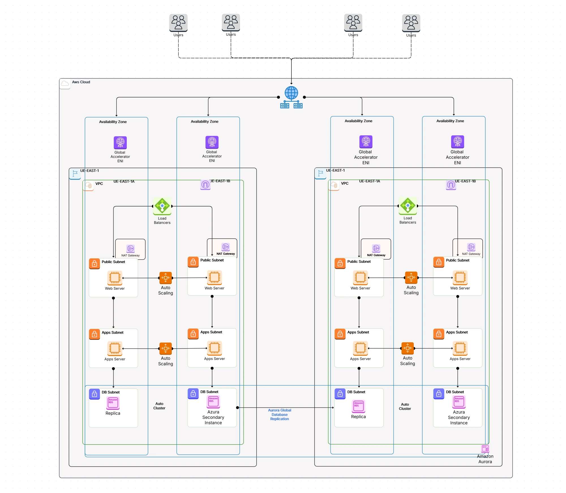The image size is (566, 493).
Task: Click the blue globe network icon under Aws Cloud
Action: pyautogui.click(x=291, y=97)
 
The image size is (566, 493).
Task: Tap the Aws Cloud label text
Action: pyautogui.click(x=81, y=82)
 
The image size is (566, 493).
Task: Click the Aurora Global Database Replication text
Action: pyautogui.click(x=279, y=414)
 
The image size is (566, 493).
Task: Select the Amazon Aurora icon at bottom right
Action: pyautogui.click(x=485, y=449)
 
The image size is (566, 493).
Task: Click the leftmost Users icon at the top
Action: pyautogui.click(x=178, y=23)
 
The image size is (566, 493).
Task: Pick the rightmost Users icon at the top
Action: pyautogui.click(x=411, y=23)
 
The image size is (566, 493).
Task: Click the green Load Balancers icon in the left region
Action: pyautogui.click(x=162, y=206)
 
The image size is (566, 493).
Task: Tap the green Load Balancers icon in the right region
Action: pyautogui.click(x=408, y=206)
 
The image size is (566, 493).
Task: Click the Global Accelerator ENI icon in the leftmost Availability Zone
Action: pyautogui.click(x=120, y=142)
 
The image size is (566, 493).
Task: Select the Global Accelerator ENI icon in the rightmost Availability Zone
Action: pyautogui.click(x=457, y=142)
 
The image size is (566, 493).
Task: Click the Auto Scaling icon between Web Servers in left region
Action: pyautogui.click(x=166, y=278)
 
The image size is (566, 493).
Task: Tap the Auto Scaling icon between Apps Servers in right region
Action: pyautogui.click(x=408, y=348)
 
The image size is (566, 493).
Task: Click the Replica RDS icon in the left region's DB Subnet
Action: pyautogui.click(x=113, y=403)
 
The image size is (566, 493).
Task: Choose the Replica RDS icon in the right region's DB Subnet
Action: pyautogui.click(x=359, y=406)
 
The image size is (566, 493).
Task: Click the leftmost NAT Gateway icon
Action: pyautogui.click(x=130, y=249)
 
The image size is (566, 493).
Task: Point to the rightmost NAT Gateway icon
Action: pyautogui.click(x=471, y=247)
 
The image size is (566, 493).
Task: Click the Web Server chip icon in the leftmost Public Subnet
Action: pyautogui.click(x=115, y=278)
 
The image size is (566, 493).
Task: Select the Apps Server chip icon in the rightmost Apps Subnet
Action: pyautogui.click(x=460, y=348)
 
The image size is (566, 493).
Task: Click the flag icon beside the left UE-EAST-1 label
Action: pyautogui.click(x=75, y=174)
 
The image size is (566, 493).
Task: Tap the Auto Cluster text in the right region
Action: pyautogui.click(x=405, y=406)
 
